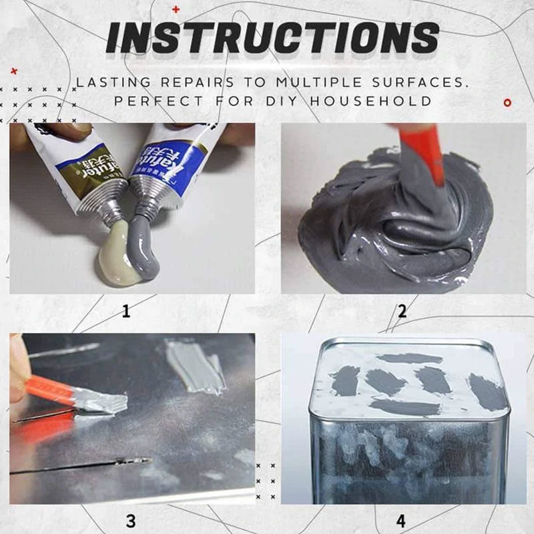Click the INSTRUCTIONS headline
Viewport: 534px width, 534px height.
(272, 38)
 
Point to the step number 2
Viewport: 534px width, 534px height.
(402, 310)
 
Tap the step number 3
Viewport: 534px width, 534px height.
(131, 520)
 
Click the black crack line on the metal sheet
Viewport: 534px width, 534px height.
(80, 466)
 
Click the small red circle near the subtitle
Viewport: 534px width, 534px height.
(507, 102)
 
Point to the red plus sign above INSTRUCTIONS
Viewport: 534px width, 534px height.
(176, 9)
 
